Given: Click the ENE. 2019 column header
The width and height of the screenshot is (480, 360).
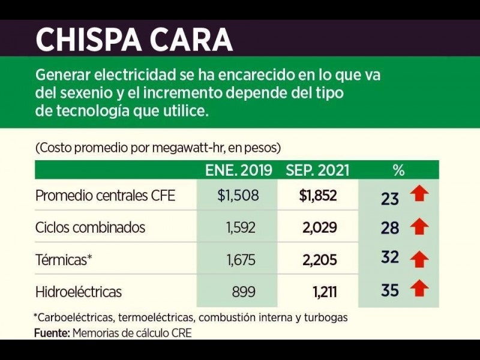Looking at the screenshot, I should pos(239,170).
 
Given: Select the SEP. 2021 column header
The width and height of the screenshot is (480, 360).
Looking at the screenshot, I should pos(317,170).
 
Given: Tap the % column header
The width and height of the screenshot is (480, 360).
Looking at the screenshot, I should pos(398,170).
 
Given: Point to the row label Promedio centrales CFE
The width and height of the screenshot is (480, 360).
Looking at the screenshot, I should pos(106,196).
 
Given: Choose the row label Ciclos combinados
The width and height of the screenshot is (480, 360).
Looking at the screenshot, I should pos(91,228).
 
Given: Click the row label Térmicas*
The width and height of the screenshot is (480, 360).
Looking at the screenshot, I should pos(64,260).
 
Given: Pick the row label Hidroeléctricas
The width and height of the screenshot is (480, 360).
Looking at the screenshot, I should pos(79,292).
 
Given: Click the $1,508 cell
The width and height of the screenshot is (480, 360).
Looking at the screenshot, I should pos(238,196).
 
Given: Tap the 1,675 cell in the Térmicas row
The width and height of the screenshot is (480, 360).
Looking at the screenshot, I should pos(241,260).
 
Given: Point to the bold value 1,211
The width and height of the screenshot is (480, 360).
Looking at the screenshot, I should pos(325,292).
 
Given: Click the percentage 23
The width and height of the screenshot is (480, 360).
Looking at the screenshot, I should pos(390,198).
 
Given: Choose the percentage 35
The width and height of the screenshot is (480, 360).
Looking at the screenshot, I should pos(390,290).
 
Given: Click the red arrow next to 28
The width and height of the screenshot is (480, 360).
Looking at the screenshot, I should pos(421,226).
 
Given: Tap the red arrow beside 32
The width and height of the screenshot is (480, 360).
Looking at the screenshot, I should pos(421,259).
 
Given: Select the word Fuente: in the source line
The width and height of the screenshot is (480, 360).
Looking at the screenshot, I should pos(52,333).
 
